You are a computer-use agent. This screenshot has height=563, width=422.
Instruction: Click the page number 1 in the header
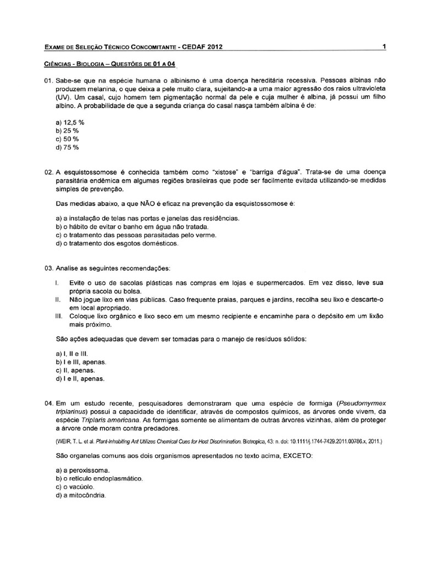click(x=384, y=47)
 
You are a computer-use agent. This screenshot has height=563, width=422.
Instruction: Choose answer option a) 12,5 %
click(x=70, y=122)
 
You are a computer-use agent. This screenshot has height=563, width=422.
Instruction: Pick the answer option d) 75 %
click(x=68, y=147)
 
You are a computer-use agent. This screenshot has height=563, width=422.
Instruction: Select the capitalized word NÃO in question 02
click(x=146, y=204)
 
